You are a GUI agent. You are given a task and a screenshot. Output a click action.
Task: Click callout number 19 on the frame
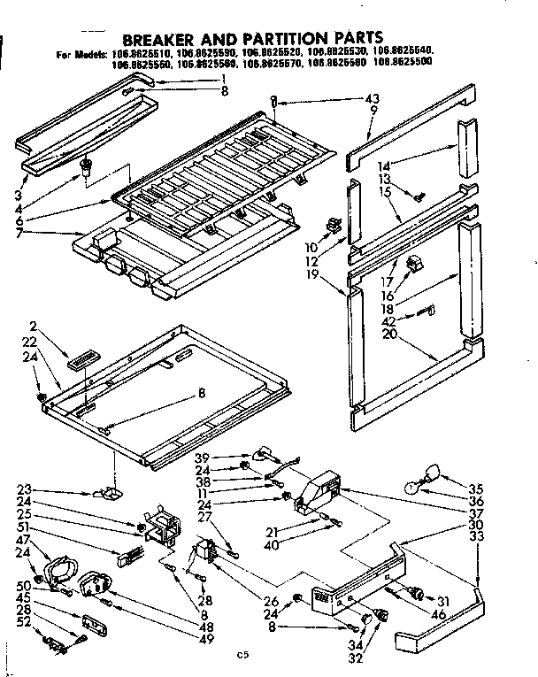click(335, 275)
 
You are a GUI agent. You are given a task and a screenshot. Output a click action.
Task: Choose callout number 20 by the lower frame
click(389, 335)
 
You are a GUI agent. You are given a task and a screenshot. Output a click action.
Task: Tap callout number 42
click(390, 320)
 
